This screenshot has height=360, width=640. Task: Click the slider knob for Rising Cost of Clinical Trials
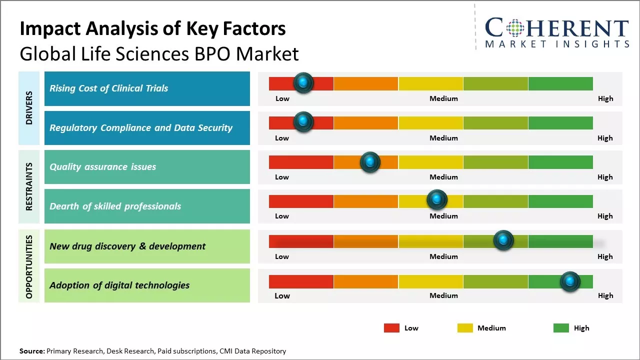[x=303, y=83]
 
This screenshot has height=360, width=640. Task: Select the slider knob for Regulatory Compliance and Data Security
[x=303, y=122]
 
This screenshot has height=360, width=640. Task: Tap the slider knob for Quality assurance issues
[x=370, y=161]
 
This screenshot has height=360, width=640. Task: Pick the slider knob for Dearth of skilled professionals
[x=437, y=200]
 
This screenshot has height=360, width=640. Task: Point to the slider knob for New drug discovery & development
[x=503, y=240]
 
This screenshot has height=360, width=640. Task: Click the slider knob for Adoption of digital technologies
[x=570, y=281]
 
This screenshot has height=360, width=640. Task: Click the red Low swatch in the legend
[x=391, y=328]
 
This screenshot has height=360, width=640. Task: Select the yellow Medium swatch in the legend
[x=465, y=328]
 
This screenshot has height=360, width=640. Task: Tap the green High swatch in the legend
[x=561, y=328]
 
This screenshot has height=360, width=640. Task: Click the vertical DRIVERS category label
[x=29, y=108]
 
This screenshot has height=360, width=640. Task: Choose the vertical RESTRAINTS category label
[x=29, y=186]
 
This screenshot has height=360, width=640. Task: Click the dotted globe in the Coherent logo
[x=515, y=28]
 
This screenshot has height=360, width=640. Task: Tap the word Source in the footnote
[x=31, y=351]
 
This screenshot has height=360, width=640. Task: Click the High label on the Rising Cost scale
[x=605, y=98]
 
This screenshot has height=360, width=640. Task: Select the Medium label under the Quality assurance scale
[x=443, y=177]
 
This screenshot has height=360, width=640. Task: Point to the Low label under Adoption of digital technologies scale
[x=282, y=295]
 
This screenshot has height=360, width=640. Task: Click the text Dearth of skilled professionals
[x=115, y=206]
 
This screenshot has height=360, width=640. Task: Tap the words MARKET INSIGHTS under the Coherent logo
[x=557, y=44]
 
